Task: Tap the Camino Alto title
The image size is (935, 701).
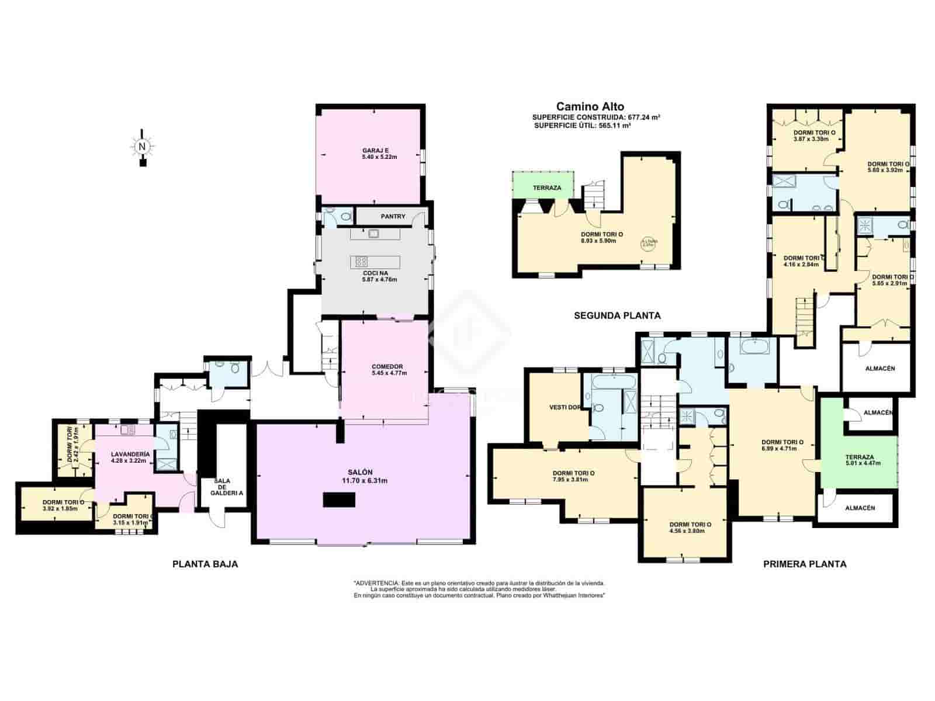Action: tap(590, 106)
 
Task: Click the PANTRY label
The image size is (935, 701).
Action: tap(393, 217)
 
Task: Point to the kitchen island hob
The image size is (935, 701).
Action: tap(362, 261)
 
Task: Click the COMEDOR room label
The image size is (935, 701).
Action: tap(387, 367)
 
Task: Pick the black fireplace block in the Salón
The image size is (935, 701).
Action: tap(340, 500)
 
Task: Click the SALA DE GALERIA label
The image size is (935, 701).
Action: tap(221, 487)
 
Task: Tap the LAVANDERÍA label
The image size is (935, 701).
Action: tap(131, 454)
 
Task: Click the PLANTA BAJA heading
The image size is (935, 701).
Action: tap(205, 564)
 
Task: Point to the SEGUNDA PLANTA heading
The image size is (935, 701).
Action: tap(617, 315)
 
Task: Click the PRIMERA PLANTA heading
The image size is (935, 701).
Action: tap(805, 564)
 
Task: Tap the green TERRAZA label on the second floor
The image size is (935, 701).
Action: tap(547, 188)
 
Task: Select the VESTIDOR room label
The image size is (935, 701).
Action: tap(565, 408)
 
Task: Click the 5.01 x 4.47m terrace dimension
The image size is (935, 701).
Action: tap(860, 463)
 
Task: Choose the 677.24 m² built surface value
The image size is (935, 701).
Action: tap(643, 117)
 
